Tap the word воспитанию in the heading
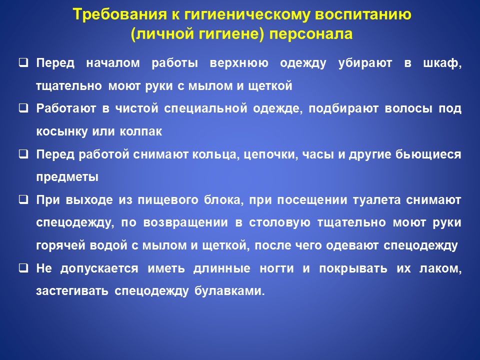tap(363, 14)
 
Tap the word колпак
tap(141, 131)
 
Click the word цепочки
tap(271, 154)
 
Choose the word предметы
tap(67, 177)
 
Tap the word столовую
tap(279, 222)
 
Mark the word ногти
tap(276, 268)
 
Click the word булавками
tap(229, 291)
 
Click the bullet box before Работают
tap(23, 108)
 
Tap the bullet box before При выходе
tap(23, 199)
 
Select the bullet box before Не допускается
tap(23, 268)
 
